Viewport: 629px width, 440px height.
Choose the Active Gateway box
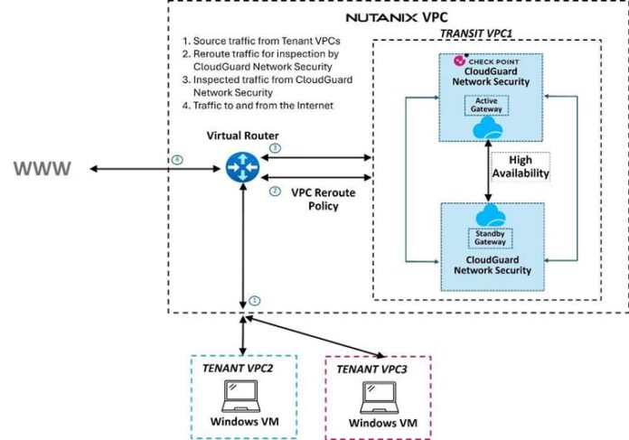coord(489,104)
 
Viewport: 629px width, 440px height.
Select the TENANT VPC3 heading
coord(377,370)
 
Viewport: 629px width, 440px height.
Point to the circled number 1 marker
coord(254,299)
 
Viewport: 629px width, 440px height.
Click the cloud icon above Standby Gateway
coord(489,214)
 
